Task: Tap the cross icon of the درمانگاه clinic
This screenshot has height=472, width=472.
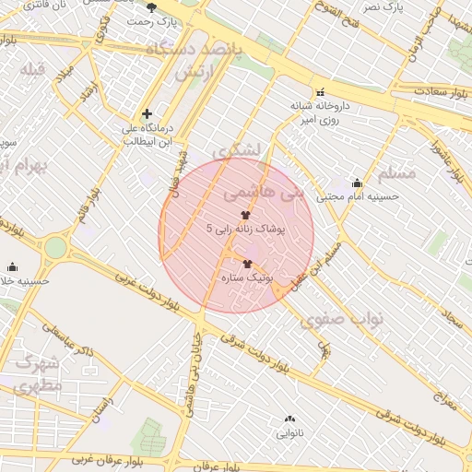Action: (x=147, y=113)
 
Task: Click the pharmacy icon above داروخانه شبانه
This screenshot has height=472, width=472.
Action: (x=320, y=92)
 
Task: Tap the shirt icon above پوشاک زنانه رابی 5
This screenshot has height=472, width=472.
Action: (x=243, y=214)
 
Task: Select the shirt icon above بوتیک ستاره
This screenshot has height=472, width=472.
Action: (x=247, y=263)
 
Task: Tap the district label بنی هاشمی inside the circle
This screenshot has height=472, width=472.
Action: (x=263, y=195)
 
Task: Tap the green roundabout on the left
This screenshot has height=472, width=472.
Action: (x=55, y=247)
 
